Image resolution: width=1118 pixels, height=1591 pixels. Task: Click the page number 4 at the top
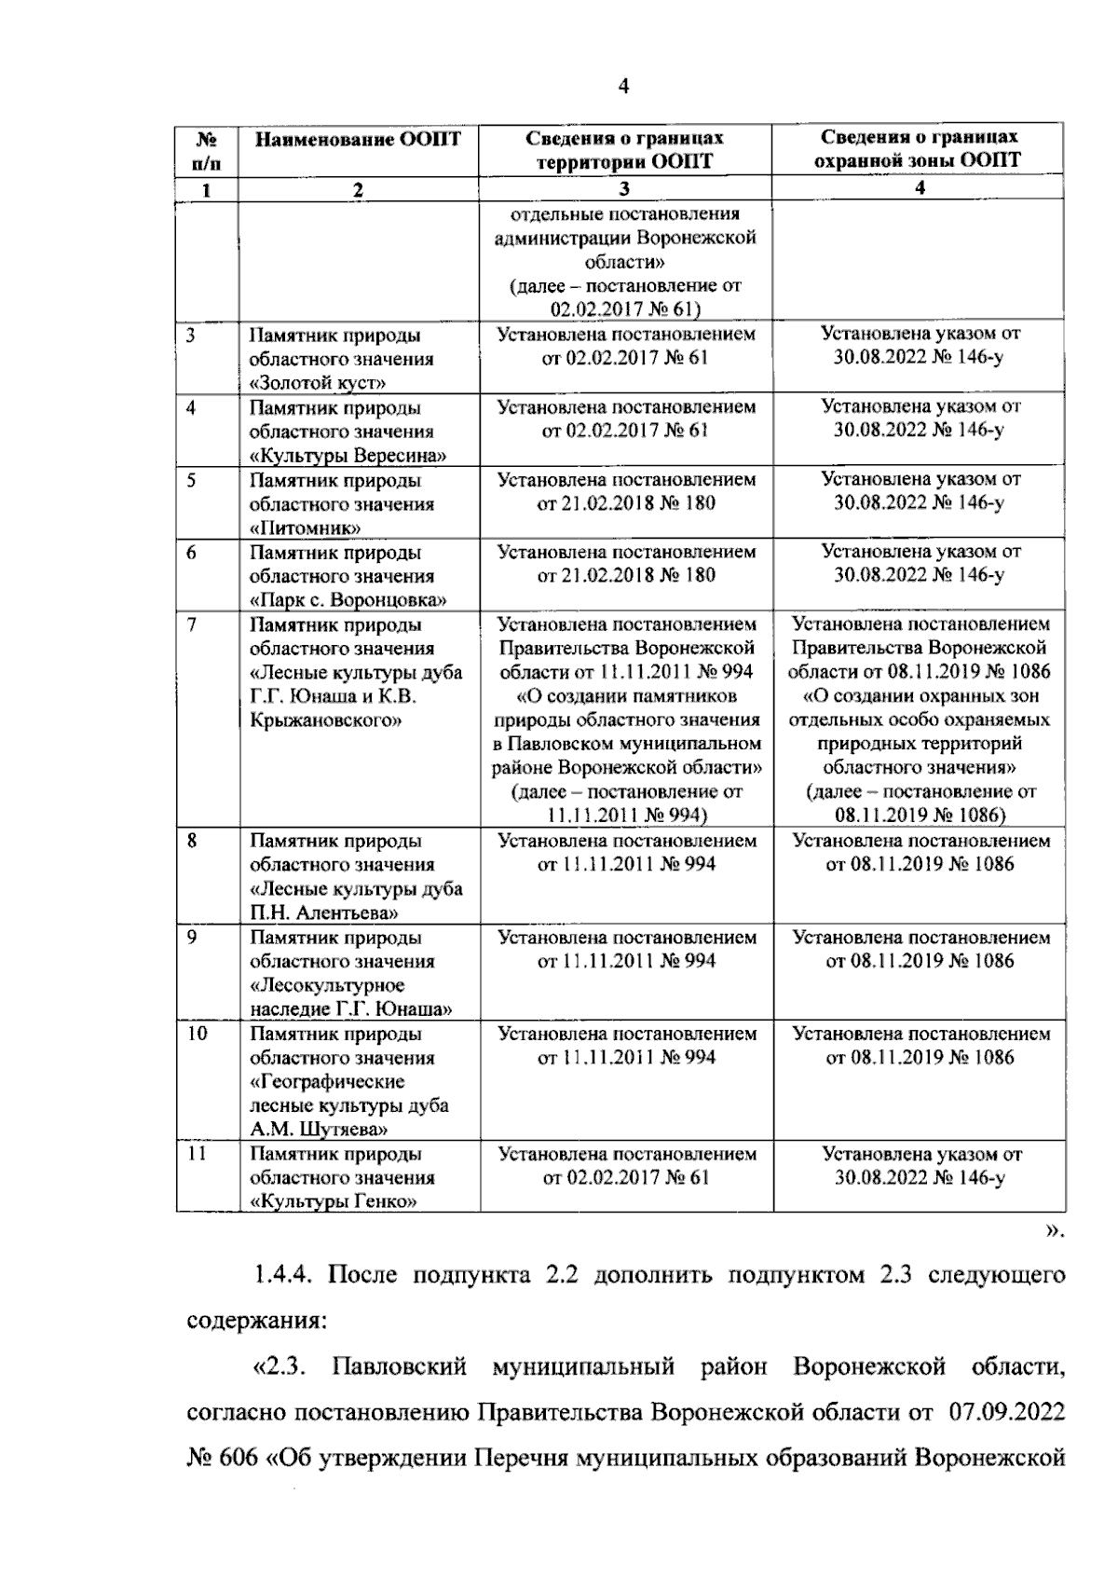[623, 87]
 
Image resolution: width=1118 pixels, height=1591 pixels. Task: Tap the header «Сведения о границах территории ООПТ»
[624, 149]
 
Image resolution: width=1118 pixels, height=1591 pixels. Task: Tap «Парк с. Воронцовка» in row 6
[348, 600]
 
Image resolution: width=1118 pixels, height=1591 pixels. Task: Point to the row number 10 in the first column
[197, 1034]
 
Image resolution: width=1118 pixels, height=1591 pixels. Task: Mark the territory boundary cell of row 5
[626, 491]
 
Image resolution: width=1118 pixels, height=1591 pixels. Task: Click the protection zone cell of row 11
[920, 1166]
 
